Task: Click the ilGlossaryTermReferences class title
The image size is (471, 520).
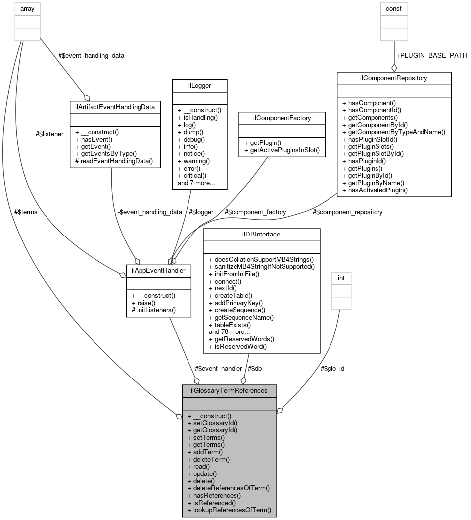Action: (x=229, y=390)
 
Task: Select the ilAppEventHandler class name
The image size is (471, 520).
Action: (x=159, y=271)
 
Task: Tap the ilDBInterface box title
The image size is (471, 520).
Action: (x=261, y=234)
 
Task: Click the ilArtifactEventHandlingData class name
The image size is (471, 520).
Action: (x=115, y=106)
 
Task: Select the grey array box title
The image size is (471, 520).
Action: (x=27, y=8)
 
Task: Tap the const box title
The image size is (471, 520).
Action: (x=394, y=8)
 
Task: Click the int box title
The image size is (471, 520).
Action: (x=341, y=278)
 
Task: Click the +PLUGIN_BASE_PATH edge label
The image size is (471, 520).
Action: (x=431, y=55)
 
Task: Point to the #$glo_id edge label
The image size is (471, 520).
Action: (x=332, y=368)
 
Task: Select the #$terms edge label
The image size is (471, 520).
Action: (x=26, y=212)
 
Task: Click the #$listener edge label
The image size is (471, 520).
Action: (x=49, y=134)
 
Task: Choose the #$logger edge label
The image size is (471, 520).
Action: (x=201, y=212)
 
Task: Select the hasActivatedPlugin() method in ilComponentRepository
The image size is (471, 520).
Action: (x=377, y=189)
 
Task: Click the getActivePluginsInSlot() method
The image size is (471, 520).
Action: (x=282, y=150)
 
